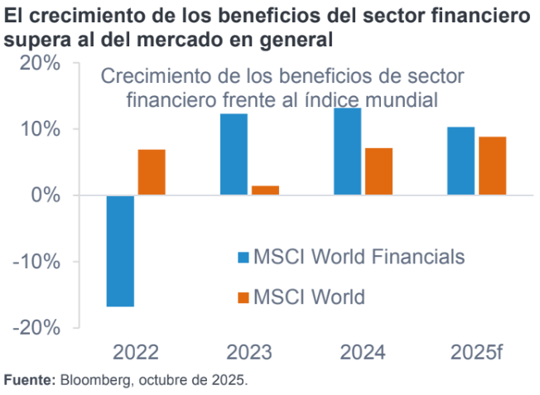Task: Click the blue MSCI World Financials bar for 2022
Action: tap(120, 251)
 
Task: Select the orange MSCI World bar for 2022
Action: tap(152, 172)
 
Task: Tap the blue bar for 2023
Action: tap(234, 154)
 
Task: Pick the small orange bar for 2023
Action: tap(265, 190)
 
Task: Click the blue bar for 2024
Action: tap(347, 152)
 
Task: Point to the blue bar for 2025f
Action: tap(460, 161)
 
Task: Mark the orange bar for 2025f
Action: tap(492, 166)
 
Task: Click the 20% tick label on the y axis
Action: tap(38, 64)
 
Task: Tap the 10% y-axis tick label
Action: tap(38, 129)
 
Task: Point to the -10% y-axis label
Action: tap(36, 262)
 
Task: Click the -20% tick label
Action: tap(36, 327)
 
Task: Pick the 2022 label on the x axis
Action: tap(136, 353)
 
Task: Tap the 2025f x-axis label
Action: tap(477, 353)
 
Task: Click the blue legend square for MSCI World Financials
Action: tap(243, 257)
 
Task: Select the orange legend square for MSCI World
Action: tap(243, 296)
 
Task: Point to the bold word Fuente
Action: tap(29, 381)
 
